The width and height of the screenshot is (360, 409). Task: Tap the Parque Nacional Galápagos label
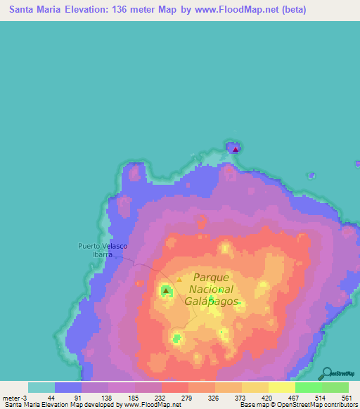[x=212, y=289]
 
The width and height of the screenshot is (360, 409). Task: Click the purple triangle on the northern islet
[x=236, y=148]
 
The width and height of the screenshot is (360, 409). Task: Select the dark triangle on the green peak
[x=166, y=290]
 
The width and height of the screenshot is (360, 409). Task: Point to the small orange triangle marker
[x=179, y=279]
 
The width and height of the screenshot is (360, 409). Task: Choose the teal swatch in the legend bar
[x=41, y=387]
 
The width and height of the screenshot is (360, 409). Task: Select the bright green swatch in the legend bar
[x=309, y=387]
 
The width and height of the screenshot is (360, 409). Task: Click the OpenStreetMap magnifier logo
[x=328, y=372]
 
